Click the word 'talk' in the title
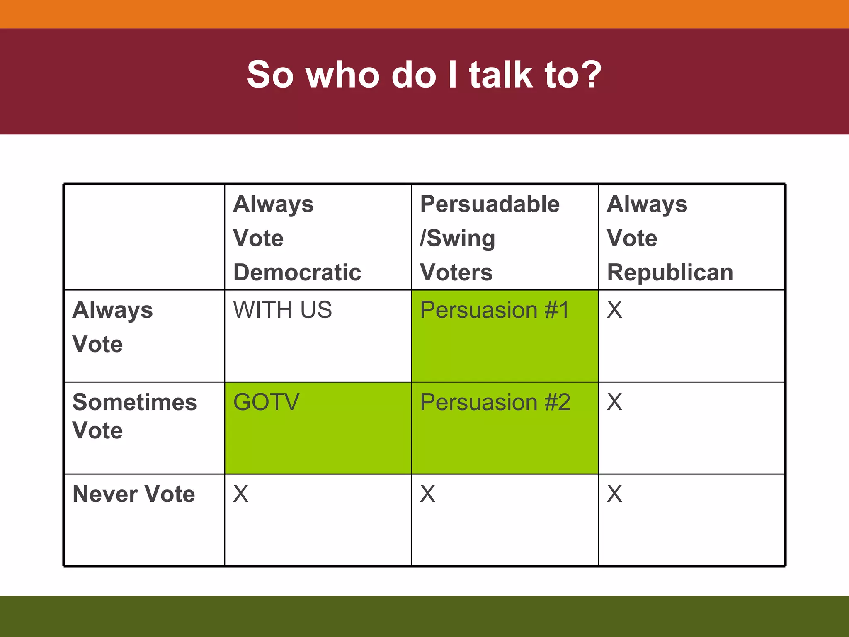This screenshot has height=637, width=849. [x=501, y=75]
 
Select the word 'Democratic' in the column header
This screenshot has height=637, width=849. [x=297, y=272]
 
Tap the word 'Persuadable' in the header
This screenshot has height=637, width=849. [x=490, y=204]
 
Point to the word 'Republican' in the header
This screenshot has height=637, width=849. [x=670, y=272]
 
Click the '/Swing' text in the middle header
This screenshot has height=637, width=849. [x=457, y=238]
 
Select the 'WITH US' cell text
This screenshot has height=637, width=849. [x=282, y=310]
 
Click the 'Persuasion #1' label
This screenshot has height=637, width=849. [x=495, y=310]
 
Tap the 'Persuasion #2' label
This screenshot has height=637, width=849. [x=495, y=402]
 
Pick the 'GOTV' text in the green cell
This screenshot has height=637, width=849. [x=266, y=402]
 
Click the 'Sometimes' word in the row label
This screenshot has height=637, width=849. [x=134, y=402]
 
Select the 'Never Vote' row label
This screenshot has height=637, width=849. [x=133, y=494]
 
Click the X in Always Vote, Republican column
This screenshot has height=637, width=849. [x=614, y=310]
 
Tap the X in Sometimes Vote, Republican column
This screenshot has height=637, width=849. [x=614, y=402]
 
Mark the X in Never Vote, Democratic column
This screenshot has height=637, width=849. [x=241, y=494]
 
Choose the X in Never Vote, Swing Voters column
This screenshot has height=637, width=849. [x=427, y=494]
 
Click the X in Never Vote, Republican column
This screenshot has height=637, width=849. [x=614, y=494]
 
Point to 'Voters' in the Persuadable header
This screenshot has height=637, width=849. [x=456, y=272]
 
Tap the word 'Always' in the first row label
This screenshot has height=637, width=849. [x=112, y=310]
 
